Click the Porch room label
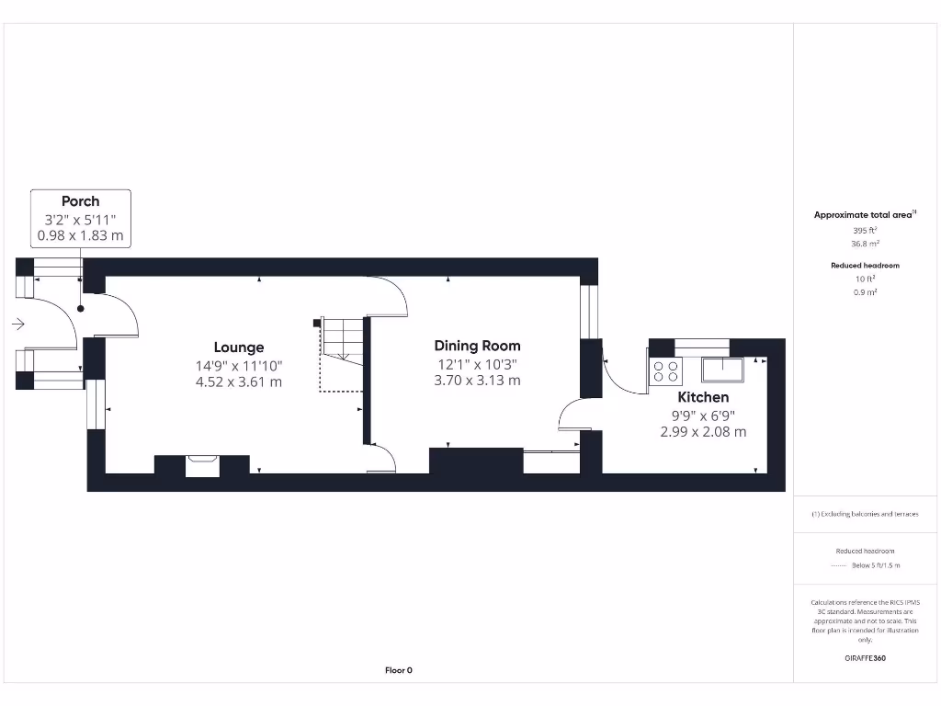click(x=80, y=201)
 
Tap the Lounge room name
click(x=239, y=347)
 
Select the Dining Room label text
click(x=477, y=346)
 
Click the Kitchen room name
click(x=703, y=397)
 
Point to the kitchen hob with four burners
click(x=666, y=370)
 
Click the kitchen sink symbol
click(x=722, y=370)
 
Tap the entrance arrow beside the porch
click(x=17, y=324)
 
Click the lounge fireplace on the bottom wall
click(x=202, y=465)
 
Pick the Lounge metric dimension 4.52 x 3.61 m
click(x=239, y=381)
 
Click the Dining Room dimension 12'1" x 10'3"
click(x=477, y=364)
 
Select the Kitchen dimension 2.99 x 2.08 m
click(x=703, y=431)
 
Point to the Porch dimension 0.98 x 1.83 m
click(x=80, y=236)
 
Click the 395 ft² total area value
click(x=864, y=230)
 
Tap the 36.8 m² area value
click(x=864, y=244)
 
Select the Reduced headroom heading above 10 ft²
click(x=865, y=265)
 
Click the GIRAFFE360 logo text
click(x=865, y=658)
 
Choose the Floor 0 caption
click(x=398, y=670)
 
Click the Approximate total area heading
click(x=864, y=215)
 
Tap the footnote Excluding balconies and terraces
click(x=865, y=514)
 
